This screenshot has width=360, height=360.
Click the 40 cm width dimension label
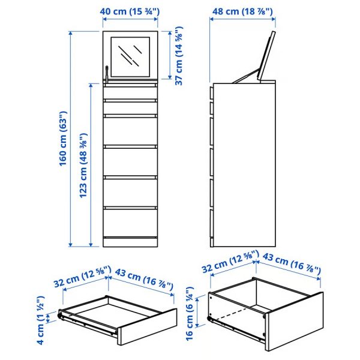130,10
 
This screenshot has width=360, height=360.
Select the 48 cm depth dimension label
242,10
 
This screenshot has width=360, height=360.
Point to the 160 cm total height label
62,139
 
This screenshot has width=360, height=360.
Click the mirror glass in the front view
131,56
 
